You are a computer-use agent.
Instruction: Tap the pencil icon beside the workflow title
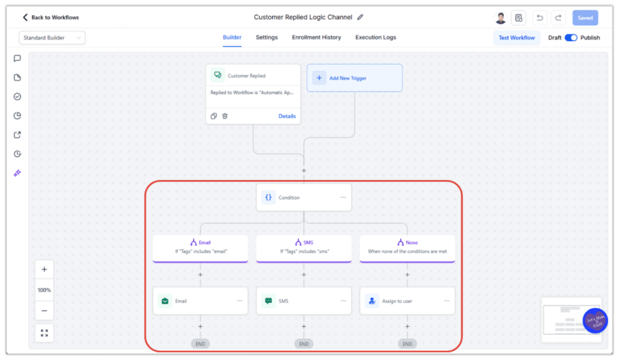coord(360,18)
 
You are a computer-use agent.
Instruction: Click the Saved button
coord(585,18)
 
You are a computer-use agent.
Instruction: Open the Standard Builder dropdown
coord(52,37)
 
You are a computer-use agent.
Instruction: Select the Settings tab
coord(267,37)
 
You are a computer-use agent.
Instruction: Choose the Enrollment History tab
coord(316,37)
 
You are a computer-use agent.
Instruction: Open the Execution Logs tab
coord(375,37)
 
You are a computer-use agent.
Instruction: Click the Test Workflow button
coord(516,37)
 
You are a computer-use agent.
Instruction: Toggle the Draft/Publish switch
coord(571,37)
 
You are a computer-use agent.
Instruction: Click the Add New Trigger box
coord(354,78)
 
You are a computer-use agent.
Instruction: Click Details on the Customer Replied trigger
coord(287,116)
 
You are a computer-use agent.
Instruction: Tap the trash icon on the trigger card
coord(225,116)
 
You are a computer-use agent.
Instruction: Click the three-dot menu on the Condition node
coord(343,198)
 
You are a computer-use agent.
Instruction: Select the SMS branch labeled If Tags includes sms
coord(303,247)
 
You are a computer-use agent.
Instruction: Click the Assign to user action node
coord(407,301)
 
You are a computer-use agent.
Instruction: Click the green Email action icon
coord(164,301)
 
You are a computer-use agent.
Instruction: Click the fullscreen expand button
coord(44,333)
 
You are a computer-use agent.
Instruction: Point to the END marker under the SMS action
coord(303,344)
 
